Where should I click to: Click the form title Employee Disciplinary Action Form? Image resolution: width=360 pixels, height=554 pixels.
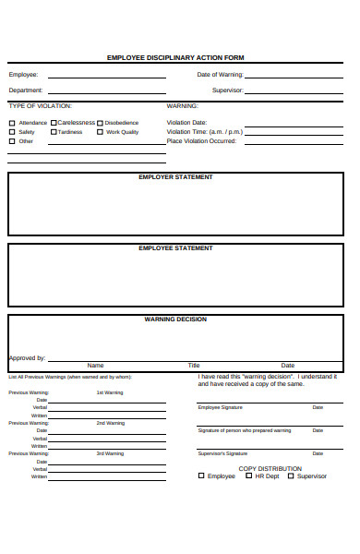[x=175, y=57]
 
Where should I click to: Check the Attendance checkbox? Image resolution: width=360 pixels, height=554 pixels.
[x=12, y=123]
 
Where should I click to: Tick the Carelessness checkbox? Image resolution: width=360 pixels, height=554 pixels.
[x=54, y=123]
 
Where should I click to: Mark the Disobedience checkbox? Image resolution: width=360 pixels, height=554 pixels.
[x=100, y=123]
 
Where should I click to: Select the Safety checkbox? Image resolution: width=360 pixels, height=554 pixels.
[x=12, y=132]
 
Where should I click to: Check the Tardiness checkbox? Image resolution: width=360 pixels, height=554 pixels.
[x=54, y=132]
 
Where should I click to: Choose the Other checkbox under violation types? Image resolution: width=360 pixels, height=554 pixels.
[x=12, y=141]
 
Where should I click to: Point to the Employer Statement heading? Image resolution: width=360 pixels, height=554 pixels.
[x=175, y=176]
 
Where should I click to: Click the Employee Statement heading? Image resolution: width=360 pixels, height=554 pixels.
[x=175, y=247]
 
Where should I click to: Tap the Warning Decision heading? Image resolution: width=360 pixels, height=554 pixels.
[x=175, y=319]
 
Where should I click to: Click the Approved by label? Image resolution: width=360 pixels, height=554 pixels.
[x=27, y=358]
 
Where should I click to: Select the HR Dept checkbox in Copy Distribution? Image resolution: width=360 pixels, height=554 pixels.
[x=247, y=476]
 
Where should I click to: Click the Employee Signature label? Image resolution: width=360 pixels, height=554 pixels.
[x=220, y=407]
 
